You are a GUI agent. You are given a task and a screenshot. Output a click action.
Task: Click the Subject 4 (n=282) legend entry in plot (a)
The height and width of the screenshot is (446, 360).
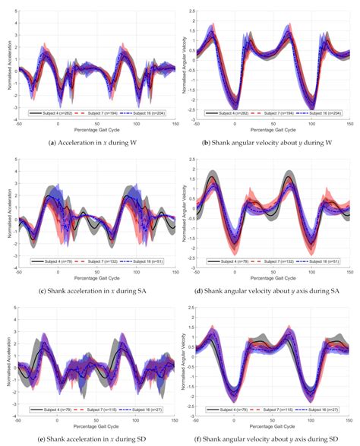pos(54,112)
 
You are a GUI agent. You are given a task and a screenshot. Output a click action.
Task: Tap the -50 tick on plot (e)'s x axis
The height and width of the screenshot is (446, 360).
pos(23,422)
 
